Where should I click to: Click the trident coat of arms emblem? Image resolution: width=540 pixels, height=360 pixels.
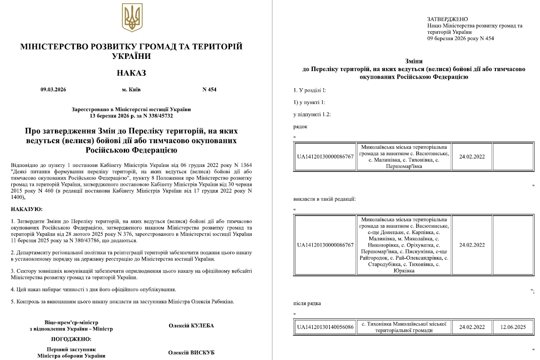[132, 18]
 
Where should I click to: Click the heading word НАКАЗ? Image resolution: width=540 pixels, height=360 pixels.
[131, 73]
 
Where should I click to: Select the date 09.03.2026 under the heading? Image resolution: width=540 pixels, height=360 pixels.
[53, 90]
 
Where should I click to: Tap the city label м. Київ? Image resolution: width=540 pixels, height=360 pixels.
[131, 90]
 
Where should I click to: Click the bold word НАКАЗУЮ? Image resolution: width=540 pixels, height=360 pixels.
[27, 209]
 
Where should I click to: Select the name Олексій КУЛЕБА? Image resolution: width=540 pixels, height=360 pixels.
[191, 325]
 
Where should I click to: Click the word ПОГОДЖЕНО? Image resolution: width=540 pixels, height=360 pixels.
[71, 339]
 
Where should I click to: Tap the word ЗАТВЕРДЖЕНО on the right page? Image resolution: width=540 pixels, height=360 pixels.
[447, 19]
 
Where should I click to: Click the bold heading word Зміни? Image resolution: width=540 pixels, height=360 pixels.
[414, 61]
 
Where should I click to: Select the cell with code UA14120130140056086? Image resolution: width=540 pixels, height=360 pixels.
[325, 327]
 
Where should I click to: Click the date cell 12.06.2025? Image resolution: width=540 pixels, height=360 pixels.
[512, 327]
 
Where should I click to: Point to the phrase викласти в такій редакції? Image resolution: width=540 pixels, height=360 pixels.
[324, 198]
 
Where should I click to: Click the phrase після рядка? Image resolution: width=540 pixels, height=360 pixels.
[307, 303]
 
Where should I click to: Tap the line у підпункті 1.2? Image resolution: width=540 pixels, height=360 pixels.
[312, 114]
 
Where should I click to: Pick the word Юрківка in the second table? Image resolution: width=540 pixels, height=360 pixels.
[404, 270]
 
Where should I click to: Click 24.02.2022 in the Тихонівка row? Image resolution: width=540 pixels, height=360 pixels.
[472, 327]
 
